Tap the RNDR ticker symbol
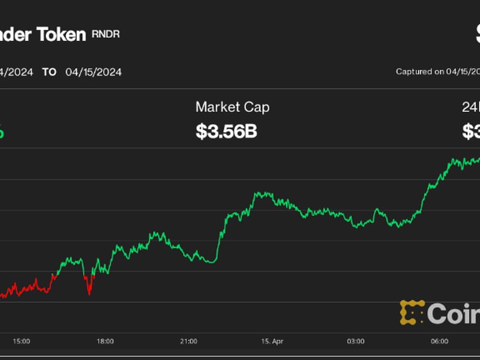tap(106, 34)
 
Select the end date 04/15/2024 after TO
tap(94, 72)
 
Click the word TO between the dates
tap(49, 72)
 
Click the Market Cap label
tap(232, 107)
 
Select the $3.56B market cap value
tap(226, 131)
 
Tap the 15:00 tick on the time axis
tap(21, 341)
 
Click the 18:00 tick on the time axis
tap(105, 341)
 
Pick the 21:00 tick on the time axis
tap(188, 341)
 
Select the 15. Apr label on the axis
tap(272, 341)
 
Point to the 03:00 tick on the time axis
tap(356, 341)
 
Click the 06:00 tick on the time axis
tap(439, 341)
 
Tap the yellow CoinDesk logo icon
tap(412, 312)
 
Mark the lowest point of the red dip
tap(89, 295)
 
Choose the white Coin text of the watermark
tap(454, 313)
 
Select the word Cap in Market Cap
tap(258, 108)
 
